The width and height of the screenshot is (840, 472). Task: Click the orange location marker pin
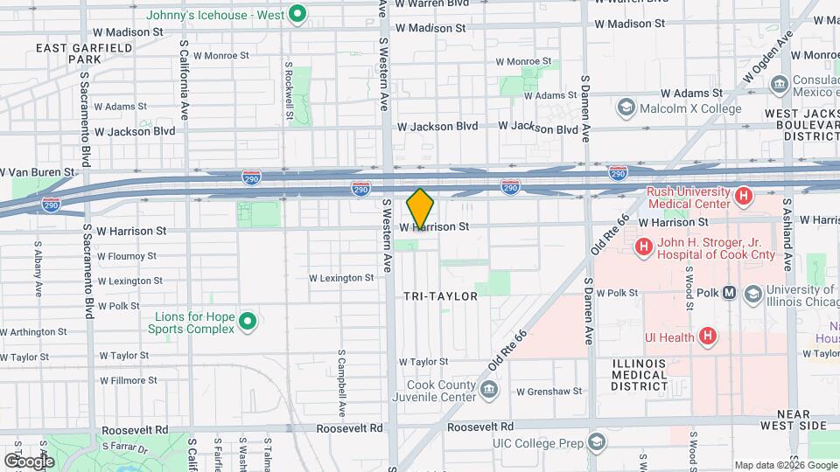click(x=420, y=208)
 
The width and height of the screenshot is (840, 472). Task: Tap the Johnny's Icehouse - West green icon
click(x=297, y=13)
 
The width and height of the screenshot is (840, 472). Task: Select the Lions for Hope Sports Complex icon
click(x=248, y=323)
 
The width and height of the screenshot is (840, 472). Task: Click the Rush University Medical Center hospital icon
click(x=745, y=197)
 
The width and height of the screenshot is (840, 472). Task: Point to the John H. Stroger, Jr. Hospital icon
click(x=644, y=247)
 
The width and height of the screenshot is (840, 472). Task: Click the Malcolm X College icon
click(x=626, y=108)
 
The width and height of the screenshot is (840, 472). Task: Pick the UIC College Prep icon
click(x=596, y=443)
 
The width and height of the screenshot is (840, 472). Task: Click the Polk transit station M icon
click(x=729, y=293)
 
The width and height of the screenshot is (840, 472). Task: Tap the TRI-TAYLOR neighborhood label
click(x=441, y=296)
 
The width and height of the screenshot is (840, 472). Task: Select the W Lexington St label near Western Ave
click(x=341, y=278)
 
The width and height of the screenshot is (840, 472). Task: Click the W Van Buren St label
click(x=38, y=172)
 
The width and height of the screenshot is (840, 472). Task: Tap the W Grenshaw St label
click(x=549, y=391)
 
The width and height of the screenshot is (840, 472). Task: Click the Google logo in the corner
click(x=29, y=461)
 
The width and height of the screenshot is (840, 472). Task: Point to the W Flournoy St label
click(x=127, y=256)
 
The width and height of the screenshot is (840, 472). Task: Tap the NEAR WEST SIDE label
click(x=794, y=419)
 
